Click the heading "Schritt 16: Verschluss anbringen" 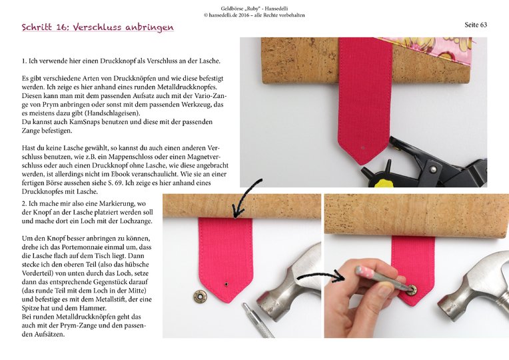(x=97, y=28)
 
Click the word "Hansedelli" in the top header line (x=276, y=7)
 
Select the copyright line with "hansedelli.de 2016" (x=254, y=15)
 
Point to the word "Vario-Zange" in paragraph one (x=206, y=96)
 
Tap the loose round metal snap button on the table (x=199, y=295)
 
